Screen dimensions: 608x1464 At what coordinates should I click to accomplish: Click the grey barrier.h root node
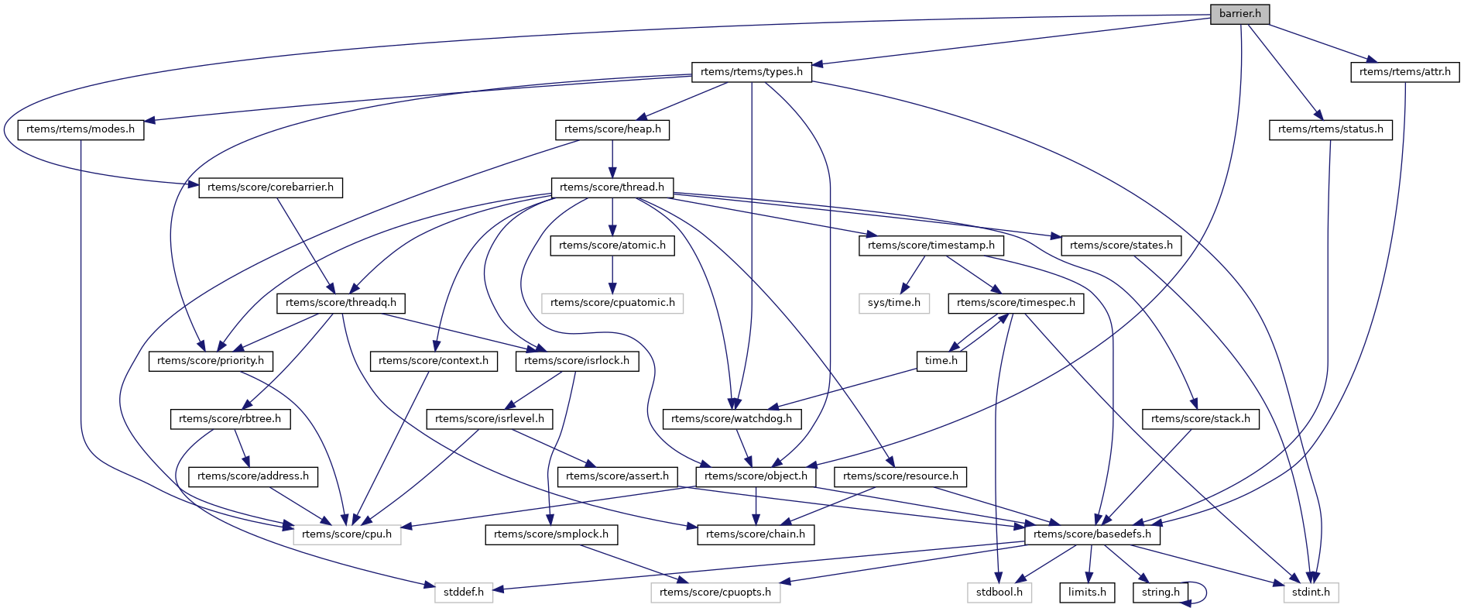(x=1239, y=14)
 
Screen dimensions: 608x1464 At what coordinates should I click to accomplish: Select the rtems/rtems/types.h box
(x=751, y=72)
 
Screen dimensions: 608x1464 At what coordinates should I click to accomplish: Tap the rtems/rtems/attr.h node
(x=1404, y=72)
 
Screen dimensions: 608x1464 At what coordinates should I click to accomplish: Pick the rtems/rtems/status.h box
(x=1330, y=129)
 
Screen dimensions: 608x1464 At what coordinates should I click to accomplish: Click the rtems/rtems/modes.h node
(x=81, y=129)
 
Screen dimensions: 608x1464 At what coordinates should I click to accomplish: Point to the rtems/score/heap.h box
(x=612, y=129)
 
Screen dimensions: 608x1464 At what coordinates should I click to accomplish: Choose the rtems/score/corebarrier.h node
(x=270, y=187)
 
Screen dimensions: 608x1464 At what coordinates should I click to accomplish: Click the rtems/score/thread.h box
(x=612, y=187)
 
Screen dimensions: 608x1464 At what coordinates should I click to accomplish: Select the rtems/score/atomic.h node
(x=612, y=246)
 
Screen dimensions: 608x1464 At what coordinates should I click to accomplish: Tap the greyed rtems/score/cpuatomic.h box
(x=612, y=303)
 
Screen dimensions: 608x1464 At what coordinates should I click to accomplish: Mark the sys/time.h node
(x=893, y=303)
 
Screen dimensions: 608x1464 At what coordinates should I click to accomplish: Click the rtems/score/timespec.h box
(x=1016, y=303)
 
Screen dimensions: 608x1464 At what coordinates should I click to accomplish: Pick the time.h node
(x=941, y=361)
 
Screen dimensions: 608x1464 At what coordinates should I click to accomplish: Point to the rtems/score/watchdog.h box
(x=732, y=419)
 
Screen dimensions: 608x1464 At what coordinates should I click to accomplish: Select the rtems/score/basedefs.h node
(x=1092, y=534)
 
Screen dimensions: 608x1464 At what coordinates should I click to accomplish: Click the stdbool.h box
(x=999, y=593)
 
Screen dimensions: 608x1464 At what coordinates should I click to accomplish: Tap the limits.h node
(x=1087, y=593)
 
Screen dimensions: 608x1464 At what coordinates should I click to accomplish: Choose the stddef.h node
(x=464, y=593)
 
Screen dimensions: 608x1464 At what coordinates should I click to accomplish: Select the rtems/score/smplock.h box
(x=550, y=534)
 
